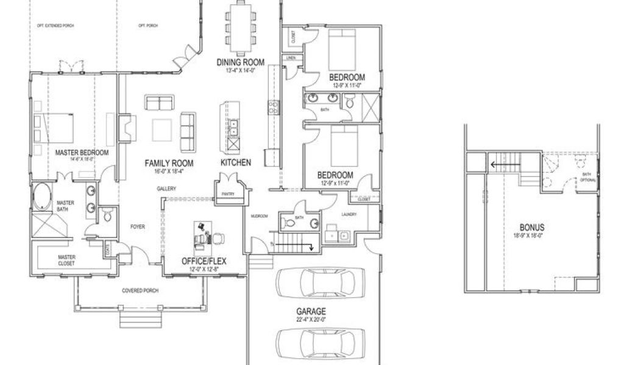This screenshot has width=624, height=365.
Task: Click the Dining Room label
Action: [241, 62]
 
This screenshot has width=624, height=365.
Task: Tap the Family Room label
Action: [169, 163]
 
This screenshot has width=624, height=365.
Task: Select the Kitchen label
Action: [236, 163]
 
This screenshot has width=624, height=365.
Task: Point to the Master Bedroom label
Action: [82, 152]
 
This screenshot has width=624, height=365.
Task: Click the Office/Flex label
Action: [204, 262]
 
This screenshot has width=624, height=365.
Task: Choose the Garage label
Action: [311, 311]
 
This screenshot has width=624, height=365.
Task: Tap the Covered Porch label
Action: [140, 291]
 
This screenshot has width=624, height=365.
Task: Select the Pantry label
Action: [229, 195]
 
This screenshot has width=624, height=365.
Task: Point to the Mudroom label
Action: [259, 215]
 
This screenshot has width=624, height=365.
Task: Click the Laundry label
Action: [349, 214]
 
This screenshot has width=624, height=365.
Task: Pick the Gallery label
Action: [166, 189]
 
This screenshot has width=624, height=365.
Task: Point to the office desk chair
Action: [202, 235]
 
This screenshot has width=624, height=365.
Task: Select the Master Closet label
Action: [66, 260]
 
